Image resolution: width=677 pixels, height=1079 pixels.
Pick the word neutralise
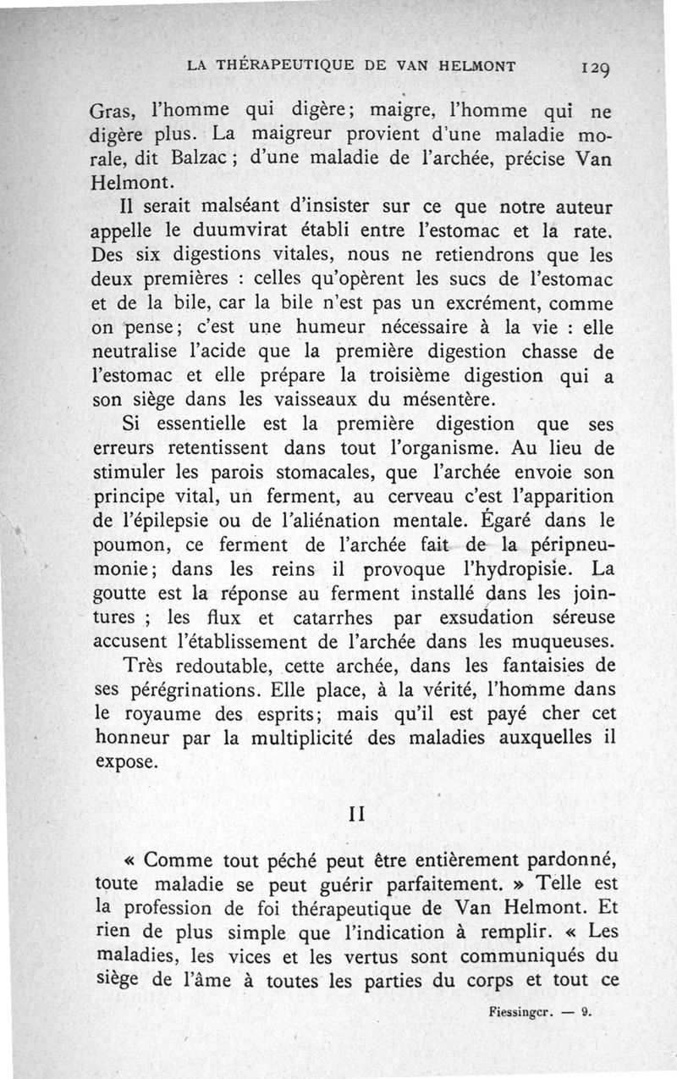pyautogui.click(x=136, y=351)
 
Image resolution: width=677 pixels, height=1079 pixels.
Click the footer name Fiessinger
pyautogui.click(x=520, y=1011)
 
